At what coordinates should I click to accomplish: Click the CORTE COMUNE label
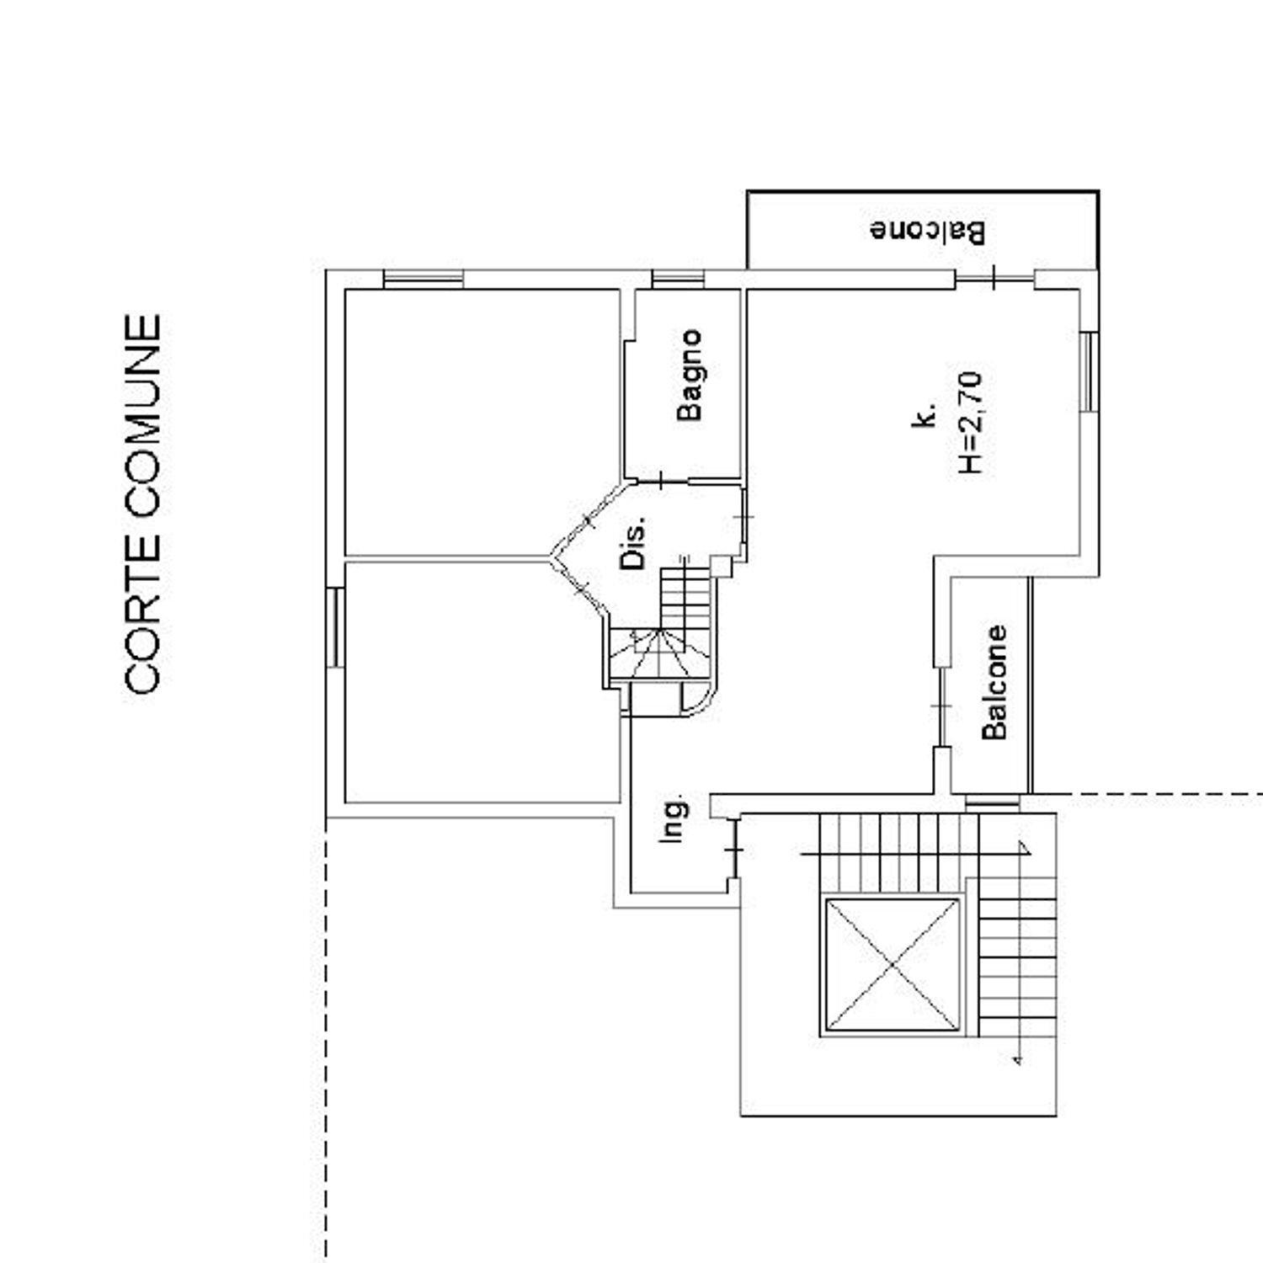pyautogui.click(x=143, y=504)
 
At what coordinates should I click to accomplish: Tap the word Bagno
pyautogui.click(x=690, y=376)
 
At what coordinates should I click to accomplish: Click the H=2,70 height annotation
pyautogui.click(x=971, y=423)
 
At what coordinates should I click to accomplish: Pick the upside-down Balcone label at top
pyautogui.click(x=928, y=231)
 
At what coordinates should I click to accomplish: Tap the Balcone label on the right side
pyautogui.click(x=994, y=682)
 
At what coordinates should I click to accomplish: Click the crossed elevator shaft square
pyautogui.click(x=892, y=965)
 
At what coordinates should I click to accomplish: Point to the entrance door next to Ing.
pyautogui.click(x=734, y=850)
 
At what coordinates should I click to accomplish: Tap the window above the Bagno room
pyautogui.click(x=679, y=279)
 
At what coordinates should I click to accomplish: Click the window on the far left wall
pyautogui.click(x=335, y=627)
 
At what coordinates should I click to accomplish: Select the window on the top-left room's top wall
pyautogui.click(x=423, y=279)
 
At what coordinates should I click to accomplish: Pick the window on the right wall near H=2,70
pyautogui.click(x=1090, y=371)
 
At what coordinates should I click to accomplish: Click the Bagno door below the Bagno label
pyautogui.click(x=662, y=482)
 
